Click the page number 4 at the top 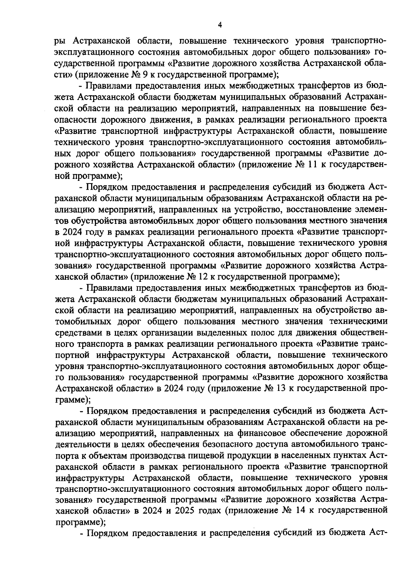pos(220,25)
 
